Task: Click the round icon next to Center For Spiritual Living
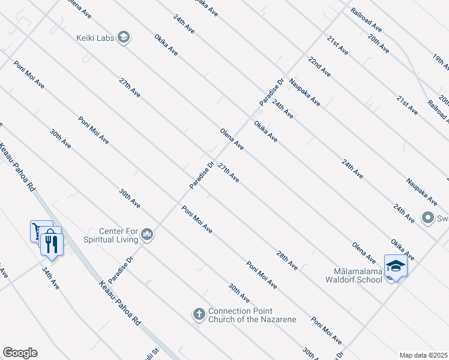pos(148,235)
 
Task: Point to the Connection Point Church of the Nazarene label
pos(252,315)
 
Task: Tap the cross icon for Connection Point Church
pos(199,314)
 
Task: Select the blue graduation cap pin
pos(396,265)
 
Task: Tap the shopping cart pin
pos(37,230)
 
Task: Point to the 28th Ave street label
pos(287,260)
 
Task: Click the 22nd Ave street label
pos(319,66)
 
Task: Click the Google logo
pos(20,352)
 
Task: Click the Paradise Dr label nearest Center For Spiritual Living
pos(121,271)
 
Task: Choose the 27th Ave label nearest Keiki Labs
pos(130,88)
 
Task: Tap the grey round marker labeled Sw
pos(428,218)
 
